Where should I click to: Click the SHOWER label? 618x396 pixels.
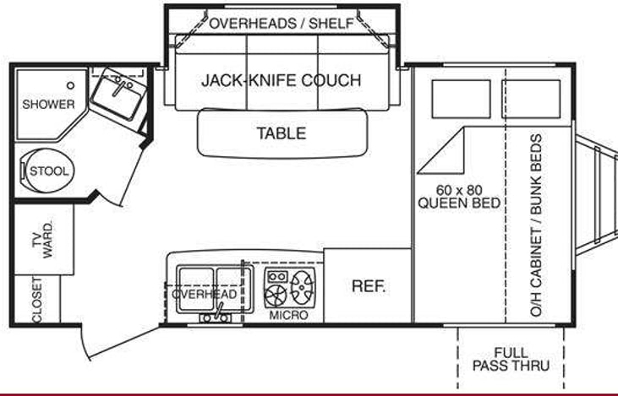pyautogui.click(x=48, y=105)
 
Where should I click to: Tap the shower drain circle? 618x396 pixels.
pyautogui.click(x=70, y=85)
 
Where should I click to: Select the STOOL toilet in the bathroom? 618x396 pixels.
pyautogui.click(x=48, y=171)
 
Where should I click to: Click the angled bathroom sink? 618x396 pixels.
pyautogui.click(x=118, y=94)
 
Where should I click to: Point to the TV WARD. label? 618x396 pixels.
pyautogui.click(x=42, y=240)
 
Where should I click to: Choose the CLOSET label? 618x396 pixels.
pyautogui.click(x=36, y=300)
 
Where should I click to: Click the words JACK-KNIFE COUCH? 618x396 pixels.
pyautogui.click(x=281, y=80)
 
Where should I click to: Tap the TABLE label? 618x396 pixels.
pyautogui.click(x=282, y=133)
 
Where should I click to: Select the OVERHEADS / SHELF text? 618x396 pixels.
pyautogui.click(x=282, y=24)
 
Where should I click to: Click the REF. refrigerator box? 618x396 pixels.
pyautogui.click(x=368, y=285)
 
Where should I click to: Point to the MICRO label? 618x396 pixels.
pyautogui.click(x=288, y=315)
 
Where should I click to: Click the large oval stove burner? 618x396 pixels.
pyautogui.click(x=303, y=287)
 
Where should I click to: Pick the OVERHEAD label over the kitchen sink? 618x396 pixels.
pyautogui.click(x=205, y=294)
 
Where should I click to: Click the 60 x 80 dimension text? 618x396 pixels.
pyautogui.click(x=459, y=190)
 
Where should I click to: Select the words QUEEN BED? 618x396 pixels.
pyautogui.click(x=459, y=203)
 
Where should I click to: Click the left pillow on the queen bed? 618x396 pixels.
pyautogui.click(x=462, y=99)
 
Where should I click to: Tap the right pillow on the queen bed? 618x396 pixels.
pyautogui.click(x=531, y=99)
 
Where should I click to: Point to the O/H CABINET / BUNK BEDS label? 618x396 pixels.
pyautogui.click(x=536, y=225)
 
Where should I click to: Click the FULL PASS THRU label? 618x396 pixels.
pyautogui.click(x=511, y=359)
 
